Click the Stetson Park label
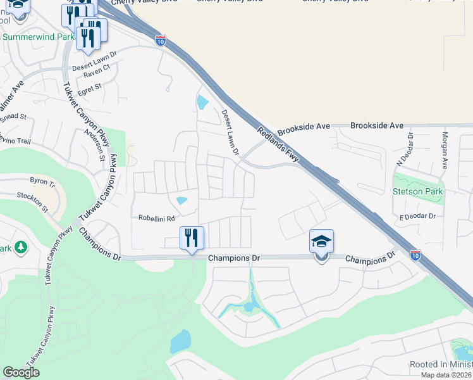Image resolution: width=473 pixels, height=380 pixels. pyautogui.click(x=418, y=191)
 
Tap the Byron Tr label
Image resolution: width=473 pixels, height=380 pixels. pyautogui.click(x=44, y=181)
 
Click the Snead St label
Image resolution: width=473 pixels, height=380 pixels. pyautogui.click(x=13, y=117)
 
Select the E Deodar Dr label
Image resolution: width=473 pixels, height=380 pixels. pyautogui.click(x=417, y=217)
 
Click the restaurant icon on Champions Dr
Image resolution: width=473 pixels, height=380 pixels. pyautogui.click(x=192, y=239)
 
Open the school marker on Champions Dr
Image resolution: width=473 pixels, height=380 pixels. pyautogui.click(x=321, y=243)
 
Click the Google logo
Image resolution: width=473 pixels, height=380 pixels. pyautogui.click(x=21, y=372)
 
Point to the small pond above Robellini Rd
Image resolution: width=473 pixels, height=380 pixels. pyautogui.click(x=182, y=201)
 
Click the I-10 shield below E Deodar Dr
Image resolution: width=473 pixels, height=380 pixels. pyautogui.click(x=415, y=255)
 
